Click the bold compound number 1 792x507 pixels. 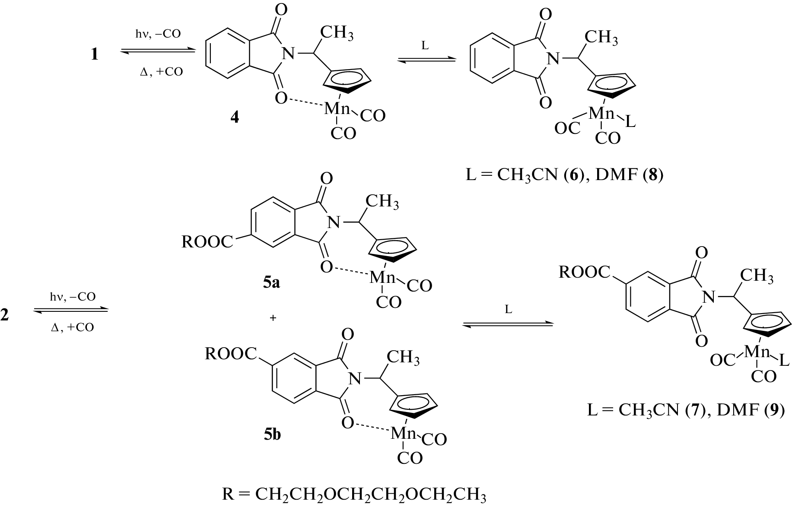point(95,54)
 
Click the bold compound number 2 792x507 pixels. point(5,315)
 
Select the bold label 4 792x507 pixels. point(235,117)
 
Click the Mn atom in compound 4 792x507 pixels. point(337,109)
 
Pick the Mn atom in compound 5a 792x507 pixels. point(382,278)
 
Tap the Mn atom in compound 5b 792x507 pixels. point(403,433)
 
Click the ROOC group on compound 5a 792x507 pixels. point(207,242)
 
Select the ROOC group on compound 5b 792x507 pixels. point(231,354)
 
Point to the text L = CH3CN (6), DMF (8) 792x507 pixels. point(564,176)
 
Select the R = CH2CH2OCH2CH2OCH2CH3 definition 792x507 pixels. point(354,494)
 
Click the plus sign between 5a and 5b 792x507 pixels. point(273,318)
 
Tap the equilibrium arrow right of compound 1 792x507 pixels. point(158,51)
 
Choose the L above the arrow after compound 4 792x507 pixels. point(425,46)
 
